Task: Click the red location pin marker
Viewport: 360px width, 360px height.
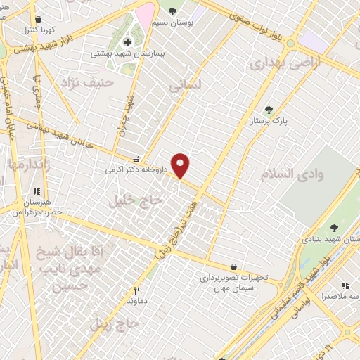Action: coord(181,165)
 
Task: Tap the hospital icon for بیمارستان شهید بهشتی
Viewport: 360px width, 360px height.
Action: coord(127,41)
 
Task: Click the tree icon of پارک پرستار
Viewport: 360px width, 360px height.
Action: coord(269,110)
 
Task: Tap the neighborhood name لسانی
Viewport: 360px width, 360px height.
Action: coord(186,84)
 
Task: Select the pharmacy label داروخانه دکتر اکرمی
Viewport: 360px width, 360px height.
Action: coord(136,169)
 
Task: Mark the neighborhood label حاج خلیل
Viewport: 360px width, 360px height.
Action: coord(135,201)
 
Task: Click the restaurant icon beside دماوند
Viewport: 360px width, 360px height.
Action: coord(137,290)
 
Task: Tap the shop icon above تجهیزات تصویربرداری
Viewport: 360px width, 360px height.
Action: coord(233,266)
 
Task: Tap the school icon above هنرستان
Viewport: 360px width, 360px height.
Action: coord(36,191)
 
